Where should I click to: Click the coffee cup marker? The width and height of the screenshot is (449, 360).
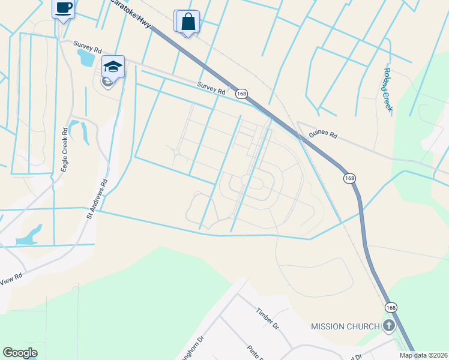[63, 8]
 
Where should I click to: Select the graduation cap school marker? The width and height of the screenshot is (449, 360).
[113, 66]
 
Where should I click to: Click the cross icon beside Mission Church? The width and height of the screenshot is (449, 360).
[389, 326]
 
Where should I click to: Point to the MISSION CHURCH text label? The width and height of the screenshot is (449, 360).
[345, 326]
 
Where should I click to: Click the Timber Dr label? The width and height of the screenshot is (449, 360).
[268, 319]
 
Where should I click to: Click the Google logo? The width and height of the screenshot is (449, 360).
[20, 353]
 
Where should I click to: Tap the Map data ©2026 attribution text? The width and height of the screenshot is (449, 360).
[423, 355]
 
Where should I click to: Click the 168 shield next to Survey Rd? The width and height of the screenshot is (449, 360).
[241, 94]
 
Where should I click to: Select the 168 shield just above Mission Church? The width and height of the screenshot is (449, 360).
[391, 307]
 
